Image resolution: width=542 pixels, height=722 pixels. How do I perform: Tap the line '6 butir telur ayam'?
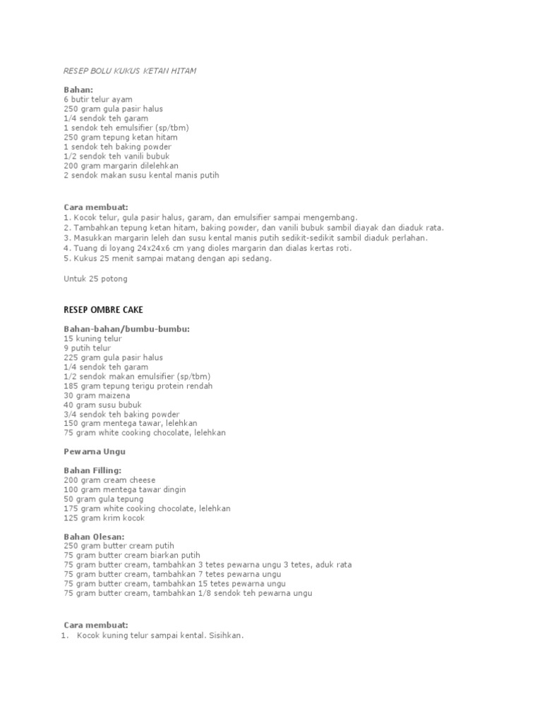pos(98,100)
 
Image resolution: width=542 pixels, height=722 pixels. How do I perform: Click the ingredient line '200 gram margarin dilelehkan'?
pos(121,166)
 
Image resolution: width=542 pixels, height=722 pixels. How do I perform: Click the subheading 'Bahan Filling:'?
pos(92,470)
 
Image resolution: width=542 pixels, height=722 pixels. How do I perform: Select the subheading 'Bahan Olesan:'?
pos(94,537)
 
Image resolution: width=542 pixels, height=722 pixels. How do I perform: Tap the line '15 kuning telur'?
pos(92,338)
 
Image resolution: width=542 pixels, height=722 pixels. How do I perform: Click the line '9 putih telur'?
pos(88,348)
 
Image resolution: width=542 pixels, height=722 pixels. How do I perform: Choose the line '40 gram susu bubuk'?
pos(102,405)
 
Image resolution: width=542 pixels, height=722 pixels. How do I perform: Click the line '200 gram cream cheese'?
pos(109,480)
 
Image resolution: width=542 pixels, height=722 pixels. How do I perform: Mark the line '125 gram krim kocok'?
pos(104,518)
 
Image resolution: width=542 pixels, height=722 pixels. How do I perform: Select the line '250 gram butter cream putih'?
pos(119,546)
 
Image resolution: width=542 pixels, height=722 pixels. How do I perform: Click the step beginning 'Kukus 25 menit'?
pos(167,258)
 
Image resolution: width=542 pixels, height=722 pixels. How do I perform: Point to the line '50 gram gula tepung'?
pos(103,499)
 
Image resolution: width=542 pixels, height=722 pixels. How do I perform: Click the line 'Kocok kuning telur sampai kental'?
pos(159,635)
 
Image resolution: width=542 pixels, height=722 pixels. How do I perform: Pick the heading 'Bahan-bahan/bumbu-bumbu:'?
pos(126,329)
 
